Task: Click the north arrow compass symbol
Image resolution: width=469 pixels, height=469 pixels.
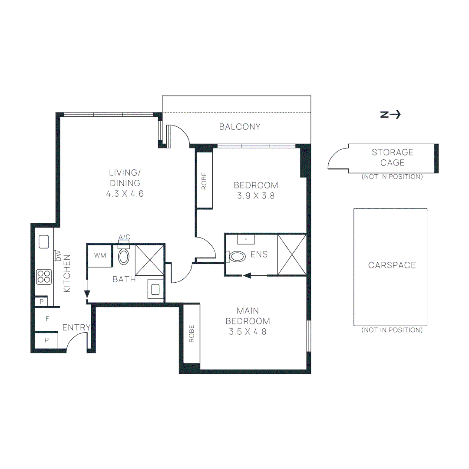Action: tap(390, 115)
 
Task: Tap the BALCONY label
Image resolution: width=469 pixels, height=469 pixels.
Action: tap(240, 127)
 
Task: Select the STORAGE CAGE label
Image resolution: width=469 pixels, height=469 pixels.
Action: tap(393, 157)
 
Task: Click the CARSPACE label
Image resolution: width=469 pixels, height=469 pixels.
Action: tap(392, 265)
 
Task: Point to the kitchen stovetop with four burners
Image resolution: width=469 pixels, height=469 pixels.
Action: tap(44, 277)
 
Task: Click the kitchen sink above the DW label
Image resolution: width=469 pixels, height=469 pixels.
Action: tap(44, 242)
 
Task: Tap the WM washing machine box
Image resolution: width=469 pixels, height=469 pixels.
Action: tap(100, 255)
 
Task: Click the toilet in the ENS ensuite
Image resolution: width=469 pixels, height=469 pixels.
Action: tap(236, 256)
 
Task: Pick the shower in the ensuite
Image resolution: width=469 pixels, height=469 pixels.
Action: tap(292, 254)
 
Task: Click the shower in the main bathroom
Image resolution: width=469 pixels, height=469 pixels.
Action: tap(149, 260)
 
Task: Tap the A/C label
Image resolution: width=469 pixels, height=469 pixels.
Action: tap(125, 237)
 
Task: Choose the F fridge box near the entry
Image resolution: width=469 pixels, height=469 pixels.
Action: tap(47, 319)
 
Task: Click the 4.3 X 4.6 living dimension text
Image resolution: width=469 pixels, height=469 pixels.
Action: tap(125, 194)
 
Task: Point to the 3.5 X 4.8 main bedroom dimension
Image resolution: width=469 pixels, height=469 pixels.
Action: tap(248, 332)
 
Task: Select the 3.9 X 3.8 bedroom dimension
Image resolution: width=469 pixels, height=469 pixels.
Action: tap(256, 196)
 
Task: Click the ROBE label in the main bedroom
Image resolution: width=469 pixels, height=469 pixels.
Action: tap(192, 334)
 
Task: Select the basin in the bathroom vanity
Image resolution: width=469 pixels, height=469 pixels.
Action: tap(155, 289)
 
